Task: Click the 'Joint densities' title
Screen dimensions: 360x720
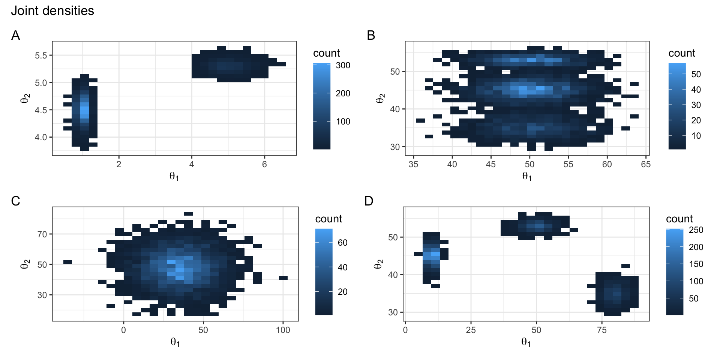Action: pos(52,10)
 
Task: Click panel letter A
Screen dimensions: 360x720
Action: pos(15,35)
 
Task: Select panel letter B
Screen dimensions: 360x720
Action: pos(371,35)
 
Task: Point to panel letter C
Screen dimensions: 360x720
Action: pos(15,201)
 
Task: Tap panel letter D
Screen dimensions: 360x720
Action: pos(369,201)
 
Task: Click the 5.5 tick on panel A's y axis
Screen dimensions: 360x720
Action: pos(41,55)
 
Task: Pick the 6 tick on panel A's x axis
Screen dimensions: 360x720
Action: pos(264,164)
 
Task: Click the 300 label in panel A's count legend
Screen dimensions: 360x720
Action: pos(343,65)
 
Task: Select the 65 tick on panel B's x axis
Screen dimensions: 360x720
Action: pos(646,164)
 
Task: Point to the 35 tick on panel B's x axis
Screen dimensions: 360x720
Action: pos(413,164)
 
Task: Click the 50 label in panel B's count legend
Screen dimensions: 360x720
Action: pos(696,74)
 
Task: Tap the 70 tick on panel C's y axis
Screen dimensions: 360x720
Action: pos(42,234)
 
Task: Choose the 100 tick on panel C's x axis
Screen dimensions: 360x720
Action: pos(283,330)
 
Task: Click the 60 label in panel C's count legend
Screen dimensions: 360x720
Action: pos(342,243)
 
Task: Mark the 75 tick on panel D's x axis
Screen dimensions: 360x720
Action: pos(602,330)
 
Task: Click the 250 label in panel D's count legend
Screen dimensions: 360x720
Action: pos(696,230)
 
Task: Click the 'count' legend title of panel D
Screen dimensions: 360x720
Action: pos(679,219)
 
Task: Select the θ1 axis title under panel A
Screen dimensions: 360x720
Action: pos(174,176)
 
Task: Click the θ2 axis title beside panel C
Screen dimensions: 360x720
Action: pos(25,264)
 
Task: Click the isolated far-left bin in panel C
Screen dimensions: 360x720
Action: pos(67,262)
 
